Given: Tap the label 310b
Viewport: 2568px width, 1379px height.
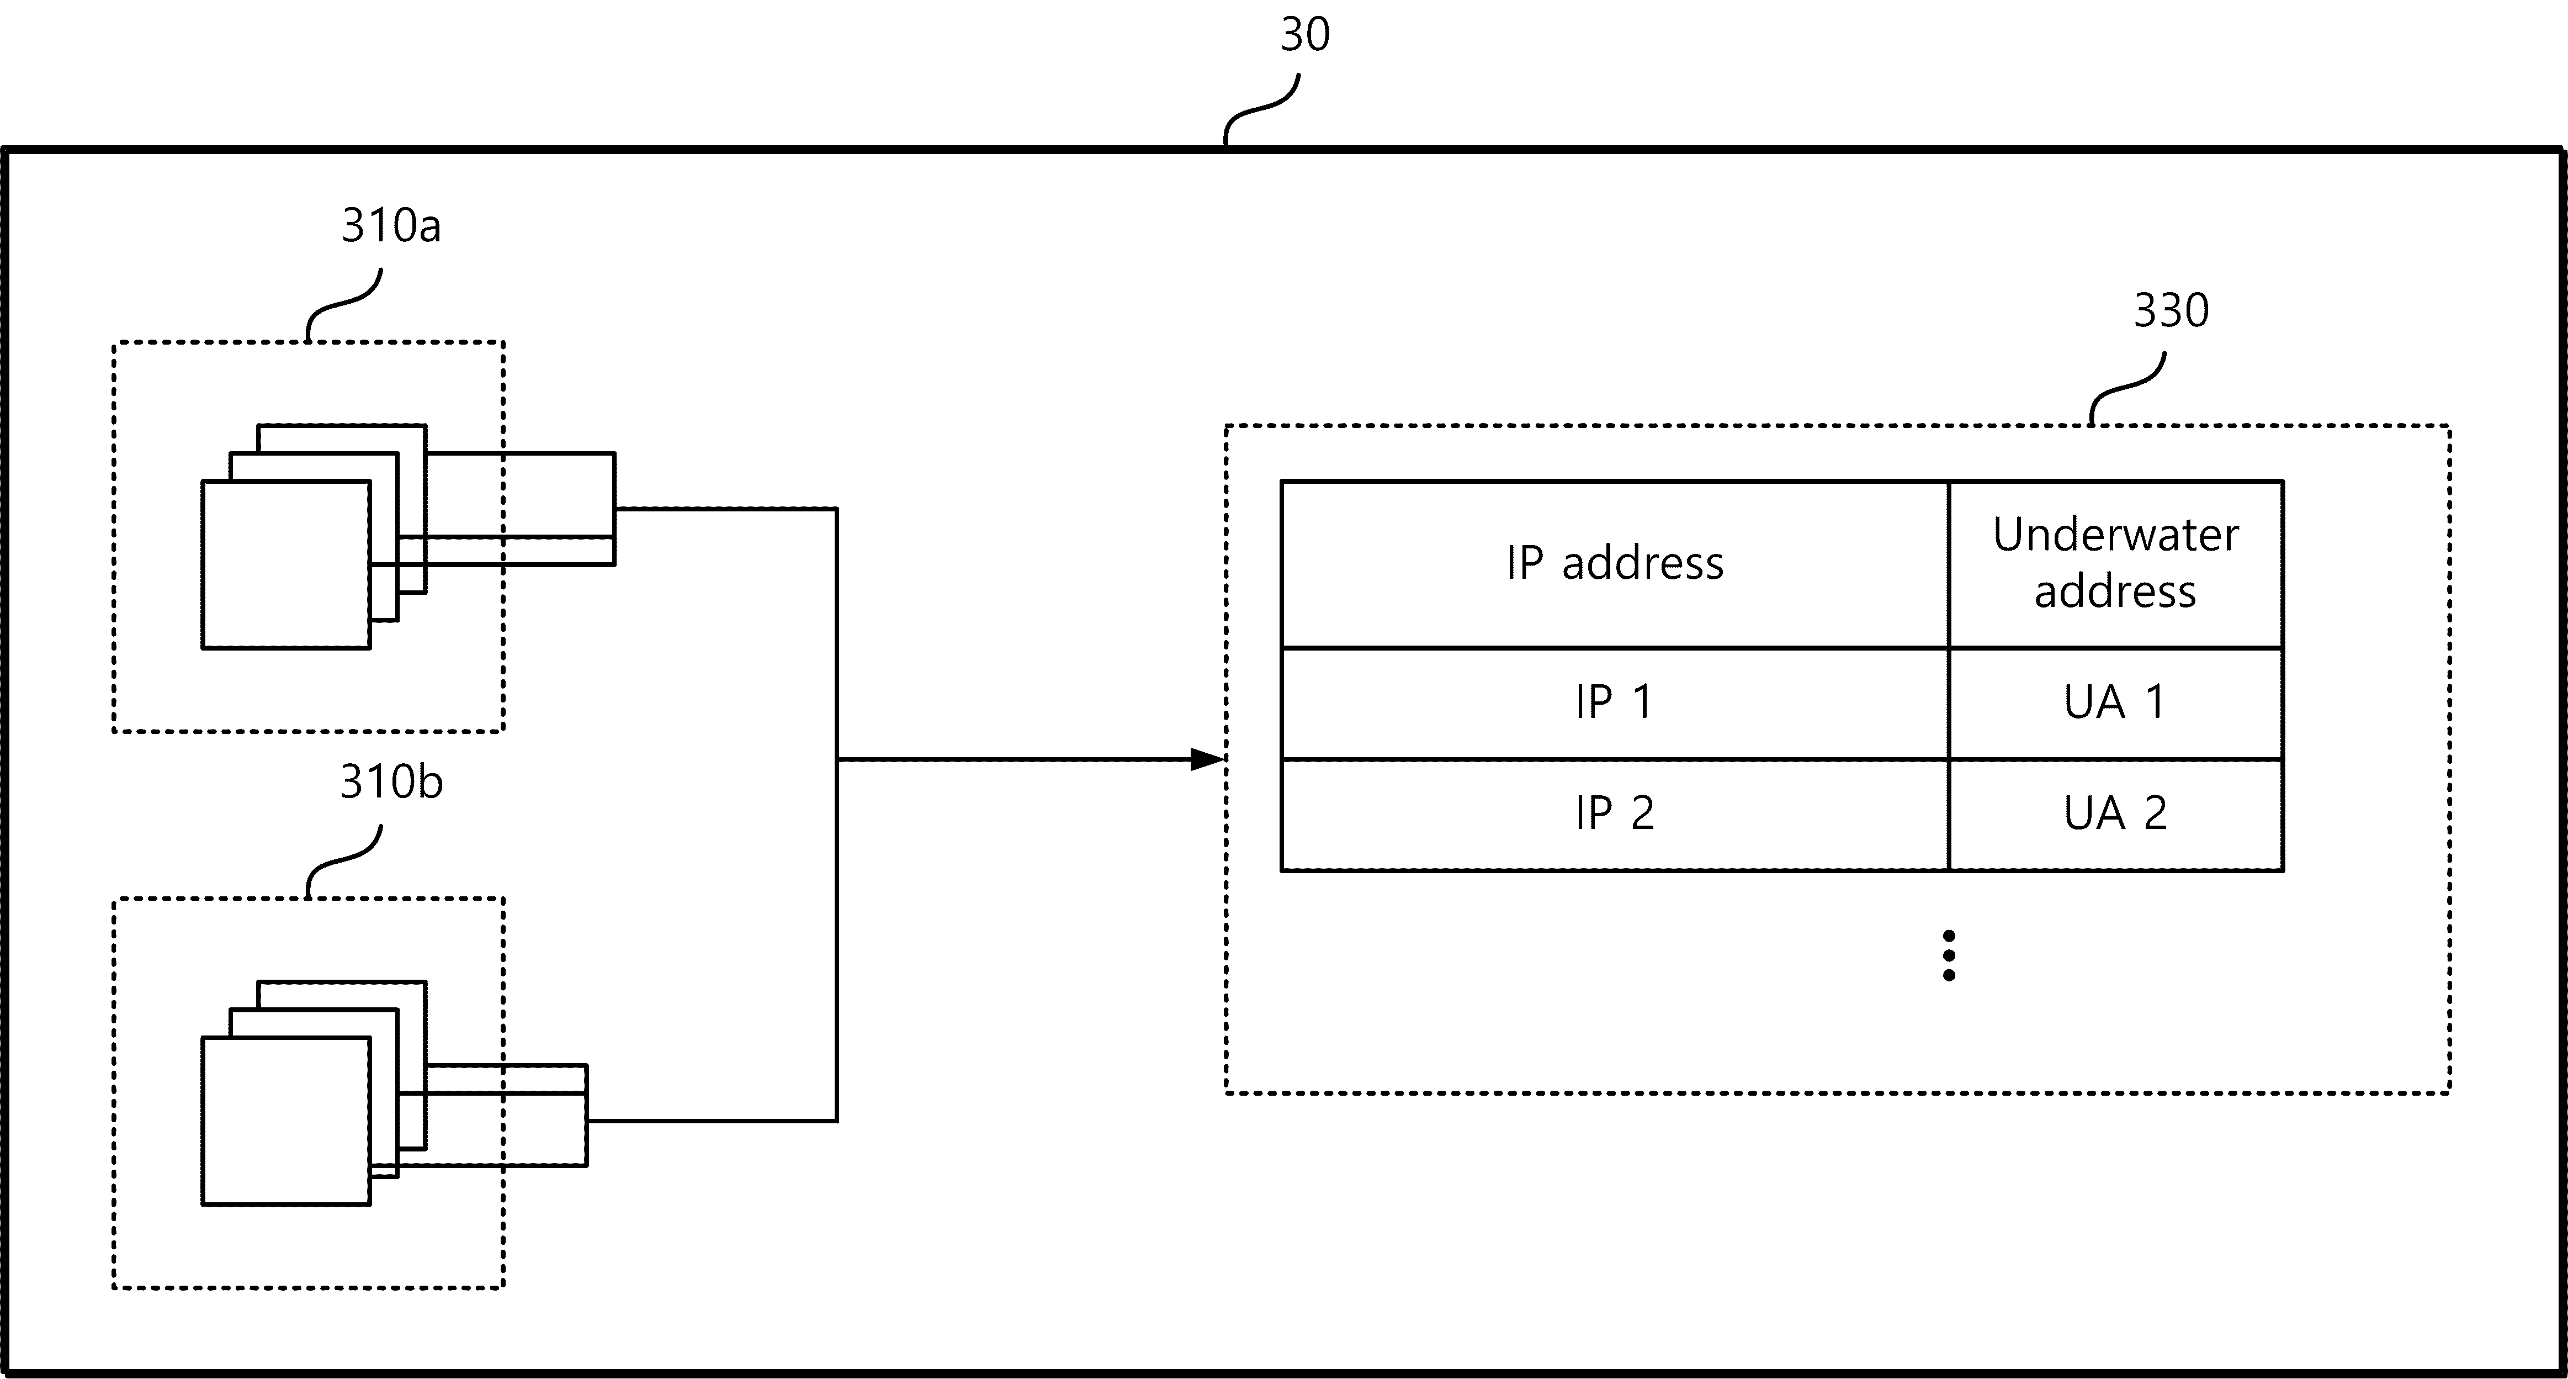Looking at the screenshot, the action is [391, 782].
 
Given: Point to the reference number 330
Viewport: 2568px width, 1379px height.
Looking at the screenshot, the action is [2171, 310].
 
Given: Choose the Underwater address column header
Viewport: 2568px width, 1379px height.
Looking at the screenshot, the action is [2115, 563].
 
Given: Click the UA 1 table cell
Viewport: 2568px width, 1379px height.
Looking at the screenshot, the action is [2115, 703].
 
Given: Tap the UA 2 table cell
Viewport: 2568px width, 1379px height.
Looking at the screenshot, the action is [2115, 813].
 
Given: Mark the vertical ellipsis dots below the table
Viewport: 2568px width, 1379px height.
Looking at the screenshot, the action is [1949, 955].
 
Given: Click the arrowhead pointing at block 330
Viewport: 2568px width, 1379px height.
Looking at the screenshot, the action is [1207, 760].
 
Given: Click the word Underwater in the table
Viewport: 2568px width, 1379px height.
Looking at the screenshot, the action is [2115, 536].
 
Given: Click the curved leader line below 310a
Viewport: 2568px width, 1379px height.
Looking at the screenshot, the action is [344, 304].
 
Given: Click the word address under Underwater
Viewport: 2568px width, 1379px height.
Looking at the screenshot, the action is [2115, 592].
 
